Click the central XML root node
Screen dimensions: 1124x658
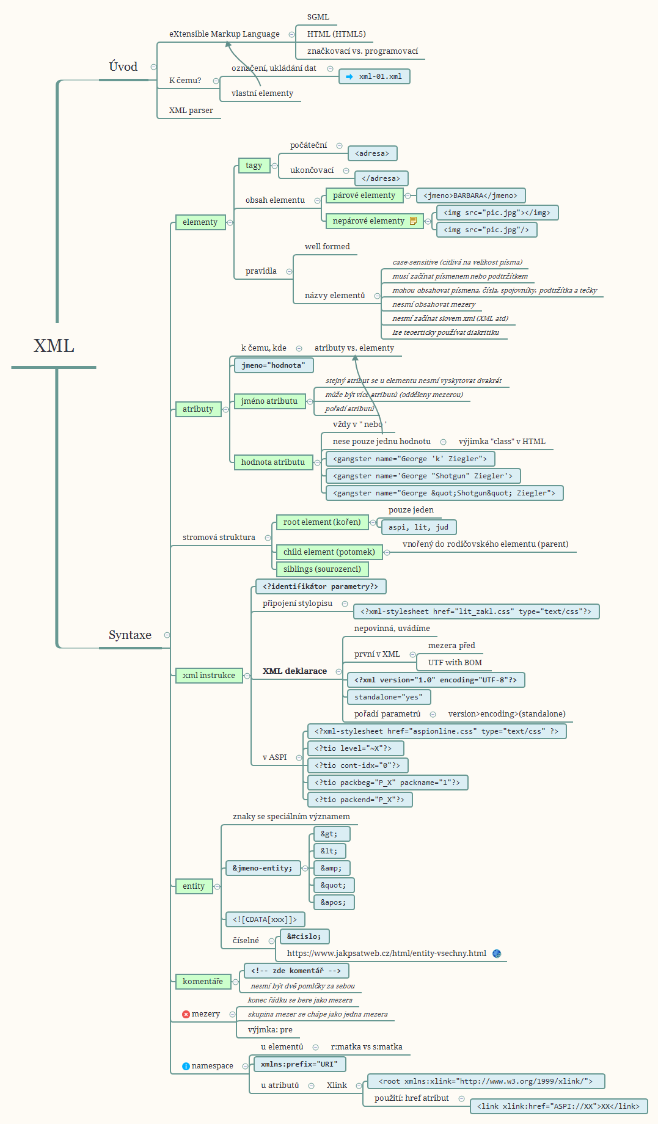coord(54,346)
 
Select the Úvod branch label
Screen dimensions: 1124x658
coord(123,67)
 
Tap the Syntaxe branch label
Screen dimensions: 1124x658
coord(130,635)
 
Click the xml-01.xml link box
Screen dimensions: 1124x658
coord(374,76)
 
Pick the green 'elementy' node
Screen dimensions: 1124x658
coord(200,222)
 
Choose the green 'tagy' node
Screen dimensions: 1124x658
coord(254,166)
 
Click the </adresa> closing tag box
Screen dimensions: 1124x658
coord(381,178)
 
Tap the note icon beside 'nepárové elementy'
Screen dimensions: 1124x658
coord(414,221)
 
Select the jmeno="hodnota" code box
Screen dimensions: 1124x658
coord(273,365)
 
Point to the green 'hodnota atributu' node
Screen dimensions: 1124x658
coord(272,462)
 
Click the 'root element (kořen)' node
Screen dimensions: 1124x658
coord(322,522)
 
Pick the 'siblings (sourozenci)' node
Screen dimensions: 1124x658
coord(322,569)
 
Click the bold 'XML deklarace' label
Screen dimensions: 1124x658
coord(294,671)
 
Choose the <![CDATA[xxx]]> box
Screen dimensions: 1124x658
coord(265,919)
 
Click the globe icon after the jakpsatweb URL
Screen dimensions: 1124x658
coord(497,954)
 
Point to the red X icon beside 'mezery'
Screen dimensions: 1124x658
coord(186,1014)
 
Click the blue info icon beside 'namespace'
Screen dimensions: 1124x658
coord(186,1066)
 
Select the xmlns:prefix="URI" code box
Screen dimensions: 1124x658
coord(299,1064)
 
